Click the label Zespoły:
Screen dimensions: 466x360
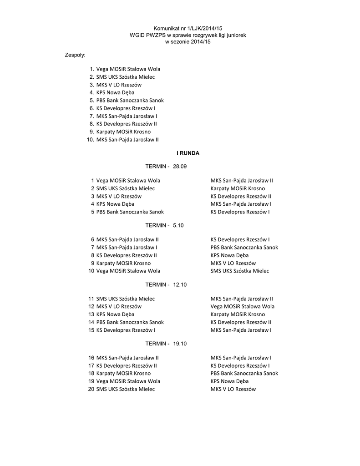click(76, 55)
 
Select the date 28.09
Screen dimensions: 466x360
click(180, 167)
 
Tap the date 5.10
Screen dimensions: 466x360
click(178, 225)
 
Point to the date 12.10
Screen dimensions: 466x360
click(180, 284)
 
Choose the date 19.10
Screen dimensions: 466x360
click(180, 344)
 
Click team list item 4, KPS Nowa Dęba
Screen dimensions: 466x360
click(115, 92)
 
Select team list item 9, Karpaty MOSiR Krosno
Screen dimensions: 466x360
click(123, 132)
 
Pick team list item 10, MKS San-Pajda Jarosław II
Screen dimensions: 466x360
click(127, 140)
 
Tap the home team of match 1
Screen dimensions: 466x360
click(128, 181)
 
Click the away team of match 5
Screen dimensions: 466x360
click(240, 212)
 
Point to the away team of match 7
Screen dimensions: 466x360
click(244, 248)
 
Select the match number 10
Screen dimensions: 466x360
click(91, 271)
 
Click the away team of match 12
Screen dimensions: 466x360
click(242, 307)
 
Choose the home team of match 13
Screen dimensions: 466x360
click(115, 314)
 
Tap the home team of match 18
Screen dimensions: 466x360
click(123, 374)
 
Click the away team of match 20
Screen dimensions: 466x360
click(233, 390)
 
